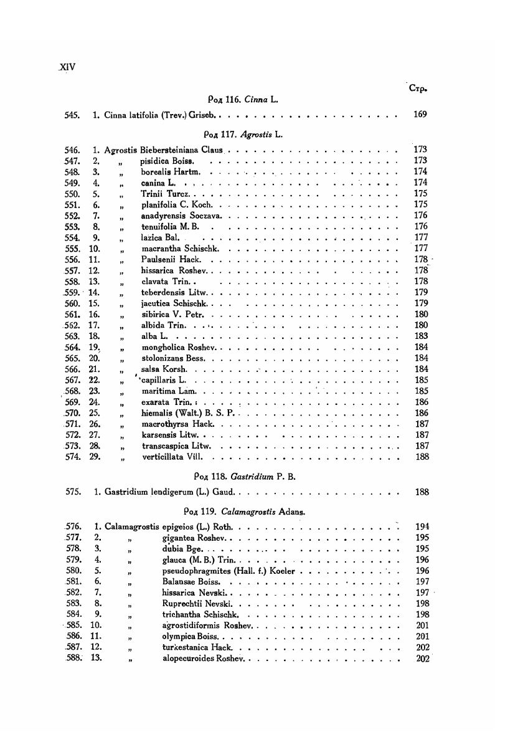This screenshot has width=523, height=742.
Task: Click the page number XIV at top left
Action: click(66, 67)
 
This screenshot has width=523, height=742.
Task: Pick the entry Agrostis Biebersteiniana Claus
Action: click(164, 150)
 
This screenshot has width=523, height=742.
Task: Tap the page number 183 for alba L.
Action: click(421, 336)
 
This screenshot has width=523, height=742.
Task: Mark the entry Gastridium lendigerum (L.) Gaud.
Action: click(164, 492)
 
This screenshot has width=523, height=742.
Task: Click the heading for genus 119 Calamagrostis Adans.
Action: click(249, 510)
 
